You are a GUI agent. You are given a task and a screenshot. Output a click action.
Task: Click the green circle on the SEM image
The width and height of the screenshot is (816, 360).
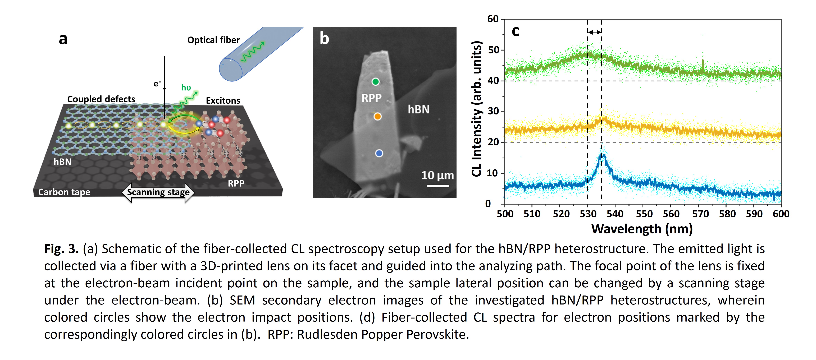tap(375, 82)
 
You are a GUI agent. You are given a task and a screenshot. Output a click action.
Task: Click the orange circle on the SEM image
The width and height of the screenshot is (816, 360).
tap(377, 117)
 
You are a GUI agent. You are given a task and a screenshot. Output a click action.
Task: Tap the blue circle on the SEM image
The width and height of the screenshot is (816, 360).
tap(379, 153)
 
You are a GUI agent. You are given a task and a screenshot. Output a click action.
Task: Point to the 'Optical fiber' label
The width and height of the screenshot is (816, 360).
tap(213, 40)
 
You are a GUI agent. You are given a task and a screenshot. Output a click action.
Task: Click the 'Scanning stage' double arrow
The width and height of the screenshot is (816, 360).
tap(158, 192)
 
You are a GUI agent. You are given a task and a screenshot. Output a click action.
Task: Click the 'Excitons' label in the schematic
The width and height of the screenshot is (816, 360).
tap(223, 101)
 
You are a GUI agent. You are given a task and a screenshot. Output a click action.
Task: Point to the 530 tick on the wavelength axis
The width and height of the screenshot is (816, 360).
tap(588, 214)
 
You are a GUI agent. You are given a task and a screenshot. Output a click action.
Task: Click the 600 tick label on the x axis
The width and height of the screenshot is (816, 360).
tap(781, 214)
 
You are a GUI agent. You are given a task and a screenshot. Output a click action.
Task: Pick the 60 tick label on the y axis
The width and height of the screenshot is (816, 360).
tap(493, 19)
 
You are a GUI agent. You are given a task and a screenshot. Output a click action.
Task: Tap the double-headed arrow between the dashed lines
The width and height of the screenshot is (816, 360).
tap(595, 32)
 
